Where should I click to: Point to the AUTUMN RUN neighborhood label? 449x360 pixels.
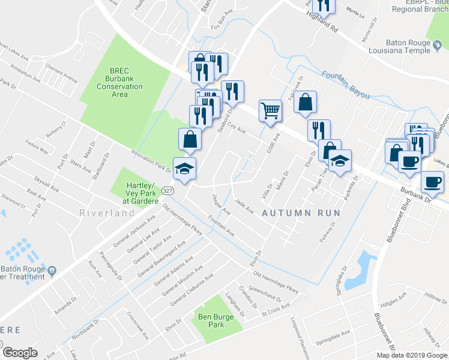(x=301, y=213)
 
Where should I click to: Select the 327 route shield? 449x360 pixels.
(x=169, y=190)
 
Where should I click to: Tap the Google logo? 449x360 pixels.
(x=20, y=353)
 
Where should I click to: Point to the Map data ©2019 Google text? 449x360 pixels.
(x=411, y=355)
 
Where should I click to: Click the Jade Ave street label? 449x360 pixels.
(x=244, y=206)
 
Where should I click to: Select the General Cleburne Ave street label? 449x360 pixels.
(x=192, y=289)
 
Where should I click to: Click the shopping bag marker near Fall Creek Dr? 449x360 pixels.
(x=305, y=103)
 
